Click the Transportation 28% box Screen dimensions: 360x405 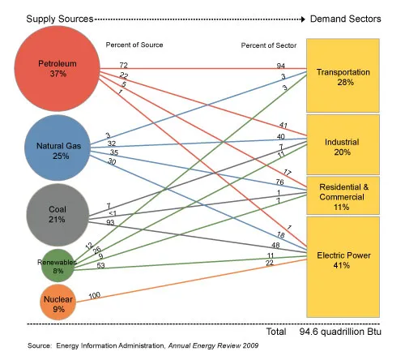(343, 77)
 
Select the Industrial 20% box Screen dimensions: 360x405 (343, 147)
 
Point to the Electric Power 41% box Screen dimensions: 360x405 (343, 259)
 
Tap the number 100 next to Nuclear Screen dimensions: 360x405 (93, 295)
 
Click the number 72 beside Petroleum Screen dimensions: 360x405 (124, 64)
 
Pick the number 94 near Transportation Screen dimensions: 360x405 (281, 64)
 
